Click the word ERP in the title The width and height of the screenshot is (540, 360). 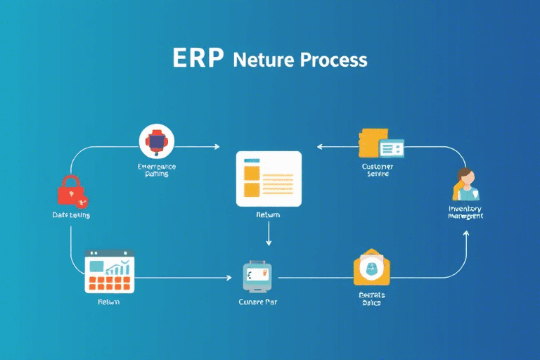click(198, 58)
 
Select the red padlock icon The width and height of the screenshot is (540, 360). click(70, 191)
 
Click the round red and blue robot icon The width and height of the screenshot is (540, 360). click(156, 141)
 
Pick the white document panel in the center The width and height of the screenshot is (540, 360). click(269, 179)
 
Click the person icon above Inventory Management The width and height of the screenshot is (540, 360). click(465, 184)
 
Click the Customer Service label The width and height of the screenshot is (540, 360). click(378, 170)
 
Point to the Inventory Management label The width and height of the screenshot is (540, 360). click(465, 212)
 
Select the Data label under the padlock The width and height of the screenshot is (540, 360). click(71, 214)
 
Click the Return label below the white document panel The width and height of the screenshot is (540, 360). click(268, 215)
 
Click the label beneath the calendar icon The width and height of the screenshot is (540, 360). click(108, 302)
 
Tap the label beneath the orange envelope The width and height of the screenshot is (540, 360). click(371, 299)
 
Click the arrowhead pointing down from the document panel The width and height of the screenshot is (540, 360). click(269, 243)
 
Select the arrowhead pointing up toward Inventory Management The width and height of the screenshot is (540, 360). click(465, 234)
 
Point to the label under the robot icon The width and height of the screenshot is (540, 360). click(157, 170)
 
